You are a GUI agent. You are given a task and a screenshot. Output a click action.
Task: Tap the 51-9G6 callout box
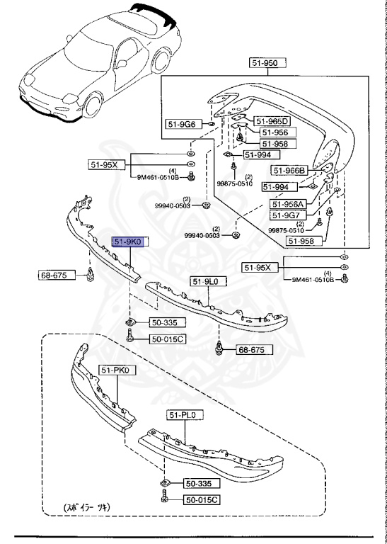(x=182, y=124)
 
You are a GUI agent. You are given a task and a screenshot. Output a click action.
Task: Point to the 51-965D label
(x=272, y=121)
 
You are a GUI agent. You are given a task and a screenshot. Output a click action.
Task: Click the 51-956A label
(x=287, y=204)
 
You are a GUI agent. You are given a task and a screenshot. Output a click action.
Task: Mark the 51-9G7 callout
(x=287, y=215)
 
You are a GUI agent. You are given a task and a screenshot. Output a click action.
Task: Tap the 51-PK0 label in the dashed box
(x=117, y=370)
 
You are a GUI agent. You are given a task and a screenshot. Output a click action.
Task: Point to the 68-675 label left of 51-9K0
(x=57, y=274)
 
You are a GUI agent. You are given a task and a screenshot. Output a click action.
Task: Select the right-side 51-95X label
(x=261, y=267)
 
